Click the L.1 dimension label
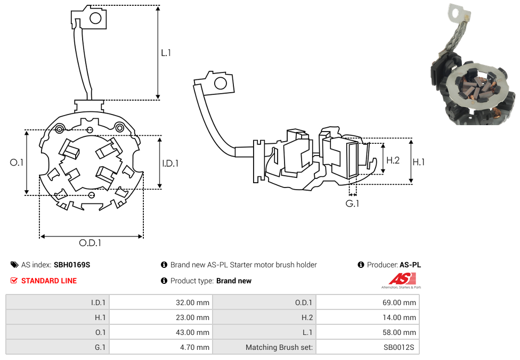click(x=166, y=53)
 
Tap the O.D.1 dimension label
click(x=90, y=243)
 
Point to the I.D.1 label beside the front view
click(x=170, y=163)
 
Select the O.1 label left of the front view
click(x=17, y=162)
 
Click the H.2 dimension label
click(x=393, y=160)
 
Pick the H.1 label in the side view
click(x=419, y=162)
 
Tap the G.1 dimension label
click(x=352, y=203)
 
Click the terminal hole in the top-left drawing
click(x=96, y=19)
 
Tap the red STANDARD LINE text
click(x=49, y=281)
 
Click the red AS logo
click(x=403, y=279)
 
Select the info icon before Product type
click(x=164, y=281)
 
